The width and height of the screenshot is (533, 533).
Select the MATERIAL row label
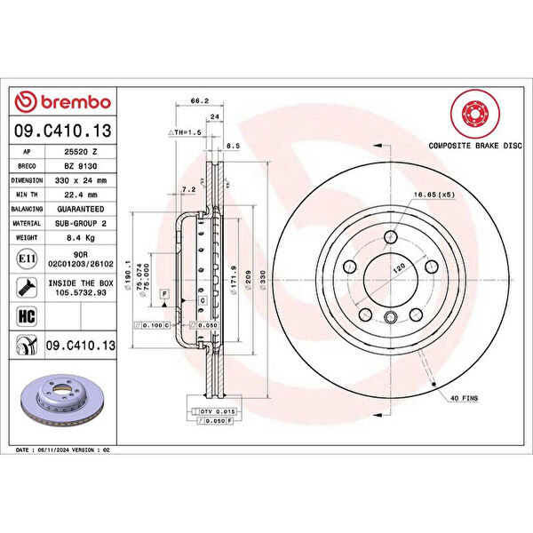[27, 224]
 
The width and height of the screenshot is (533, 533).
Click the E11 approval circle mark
[27, 259]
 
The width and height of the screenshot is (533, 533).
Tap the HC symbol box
[27, 314]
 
